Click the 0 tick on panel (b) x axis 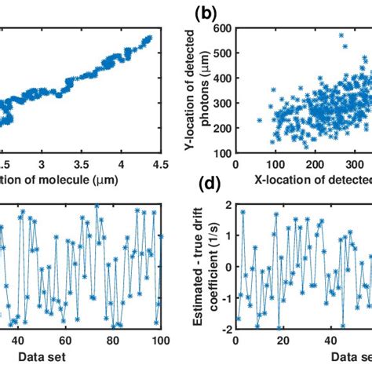236,164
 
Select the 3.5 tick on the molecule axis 76,164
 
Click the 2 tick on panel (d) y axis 228,205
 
